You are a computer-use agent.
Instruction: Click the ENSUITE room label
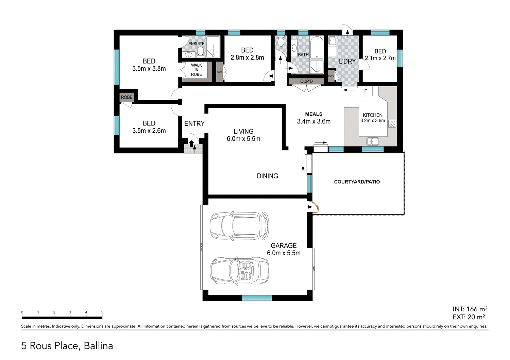click(197, 44)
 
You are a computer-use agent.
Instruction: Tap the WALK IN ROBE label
click(197, 70)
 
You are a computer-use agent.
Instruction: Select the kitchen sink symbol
click(373, 141)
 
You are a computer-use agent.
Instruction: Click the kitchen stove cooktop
click(392, 124)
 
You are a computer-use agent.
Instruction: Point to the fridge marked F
click(365, 91)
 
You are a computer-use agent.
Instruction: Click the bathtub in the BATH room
click(317, 47)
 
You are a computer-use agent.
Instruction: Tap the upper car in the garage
click(239, 226)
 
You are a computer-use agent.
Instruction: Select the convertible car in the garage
click(239, 271)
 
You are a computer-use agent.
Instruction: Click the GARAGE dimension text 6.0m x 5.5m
click(284, 253)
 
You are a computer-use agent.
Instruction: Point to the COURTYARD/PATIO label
click(357, 182)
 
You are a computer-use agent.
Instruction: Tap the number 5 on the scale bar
click(102, 312)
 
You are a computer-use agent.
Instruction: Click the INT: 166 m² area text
click(470, 309)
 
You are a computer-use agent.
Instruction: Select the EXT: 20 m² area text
click(469, 317)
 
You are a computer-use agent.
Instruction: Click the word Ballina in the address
click(98, 346)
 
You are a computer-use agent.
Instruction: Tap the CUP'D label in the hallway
click(306, 82)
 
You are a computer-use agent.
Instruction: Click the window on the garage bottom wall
click(257, 298)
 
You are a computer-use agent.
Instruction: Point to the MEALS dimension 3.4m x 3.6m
click(313, 121)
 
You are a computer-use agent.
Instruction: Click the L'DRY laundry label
click(347, 61)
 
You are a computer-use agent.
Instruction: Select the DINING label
click(267, 176)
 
